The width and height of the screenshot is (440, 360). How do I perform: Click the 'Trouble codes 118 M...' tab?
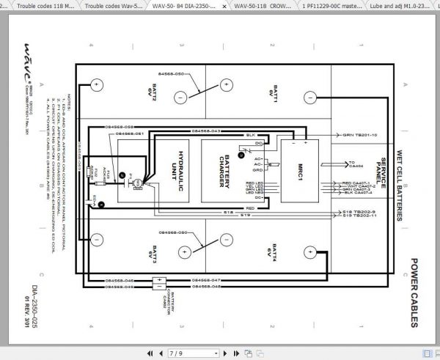(x=40, y=5)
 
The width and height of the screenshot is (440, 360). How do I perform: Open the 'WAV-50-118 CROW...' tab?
(x=256, y=5)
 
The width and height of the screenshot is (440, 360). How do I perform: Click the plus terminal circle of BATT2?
(x=95, y=85)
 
